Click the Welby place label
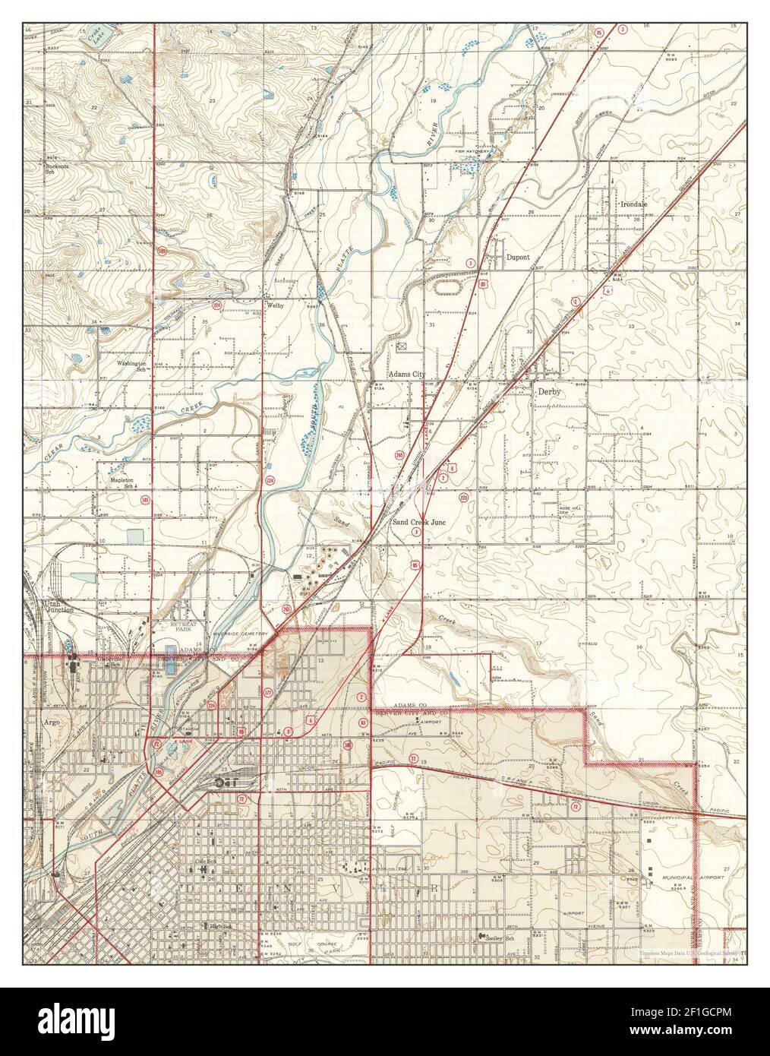point(274,305)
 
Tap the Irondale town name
point(633,204)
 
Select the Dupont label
point(518,258)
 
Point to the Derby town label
point(548,392)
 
